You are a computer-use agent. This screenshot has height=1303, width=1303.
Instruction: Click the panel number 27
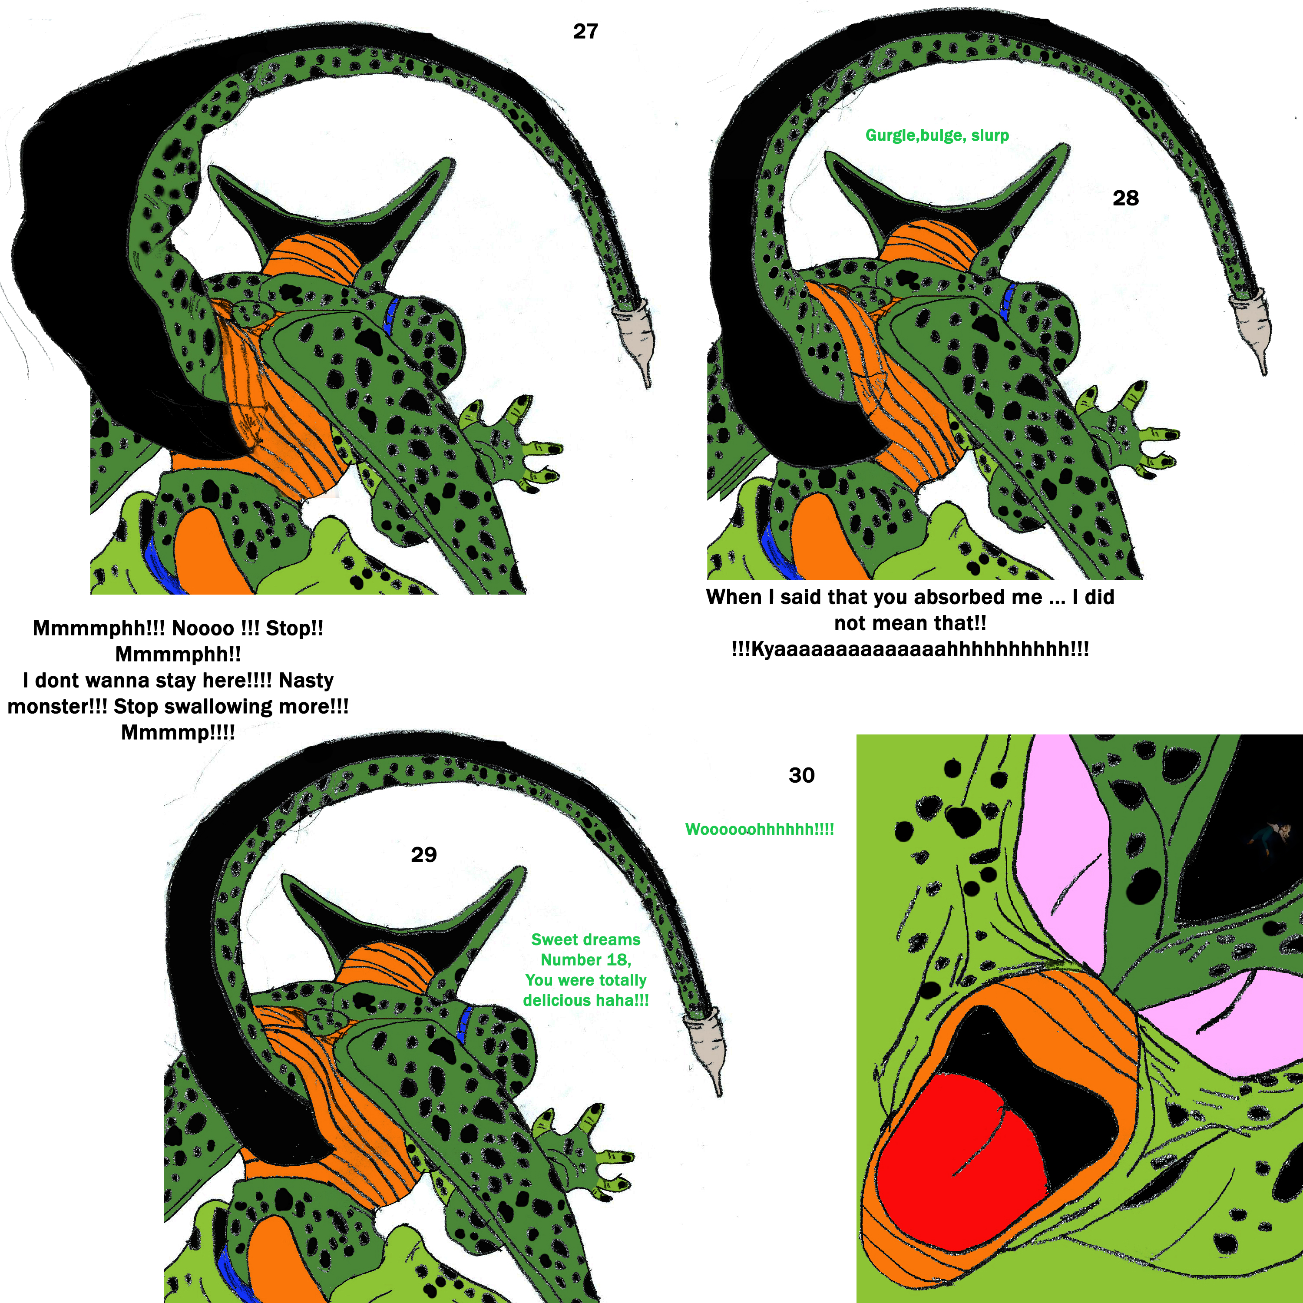click(x=585, y=31)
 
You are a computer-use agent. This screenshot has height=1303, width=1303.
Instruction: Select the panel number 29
click(x=423, y=854)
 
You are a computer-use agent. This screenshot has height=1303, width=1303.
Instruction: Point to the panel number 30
click(x=801, y=775)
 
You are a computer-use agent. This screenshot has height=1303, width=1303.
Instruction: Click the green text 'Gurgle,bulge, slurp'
click(x=937, y=136)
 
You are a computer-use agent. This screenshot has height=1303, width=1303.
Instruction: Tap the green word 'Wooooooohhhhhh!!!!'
click(x=759, y=829)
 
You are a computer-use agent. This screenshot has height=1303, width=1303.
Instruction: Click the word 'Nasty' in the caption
click(x=306, y=680)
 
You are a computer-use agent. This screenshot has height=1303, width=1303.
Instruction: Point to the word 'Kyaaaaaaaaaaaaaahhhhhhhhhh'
click(x=910, y=649)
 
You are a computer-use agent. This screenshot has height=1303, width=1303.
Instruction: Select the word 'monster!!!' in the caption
click(x=57, y=706)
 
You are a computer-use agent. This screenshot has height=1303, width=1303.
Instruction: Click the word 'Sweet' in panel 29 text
click(x=552, y=939)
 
